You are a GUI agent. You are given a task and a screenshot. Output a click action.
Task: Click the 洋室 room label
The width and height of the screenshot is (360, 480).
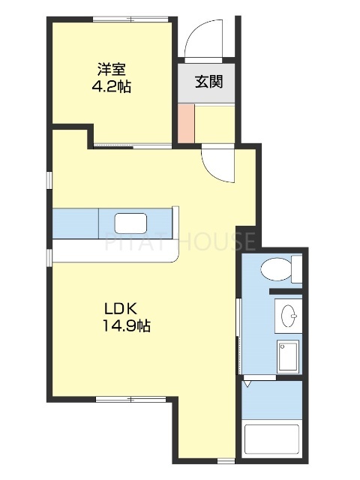pos(111,70)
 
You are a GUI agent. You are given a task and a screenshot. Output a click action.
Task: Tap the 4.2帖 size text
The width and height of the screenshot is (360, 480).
pos(111,86)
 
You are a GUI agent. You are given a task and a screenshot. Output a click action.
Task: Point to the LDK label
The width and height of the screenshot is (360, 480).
pos(120,308)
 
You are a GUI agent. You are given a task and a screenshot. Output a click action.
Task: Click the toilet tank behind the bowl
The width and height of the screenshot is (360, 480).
pos(296,268)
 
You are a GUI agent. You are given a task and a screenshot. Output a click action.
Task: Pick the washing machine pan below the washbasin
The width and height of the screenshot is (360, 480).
pos(288,357)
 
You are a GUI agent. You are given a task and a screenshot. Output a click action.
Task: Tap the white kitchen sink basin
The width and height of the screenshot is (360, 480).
pos(130,223)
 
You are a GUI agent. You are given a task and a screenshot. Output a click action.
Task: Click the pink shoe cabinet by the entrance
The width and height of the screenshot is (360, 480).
pos(185,123)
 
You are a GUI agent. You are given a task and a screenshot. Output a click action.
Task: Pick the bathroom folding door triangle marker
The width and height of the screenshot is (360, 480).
pos(247,385)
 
